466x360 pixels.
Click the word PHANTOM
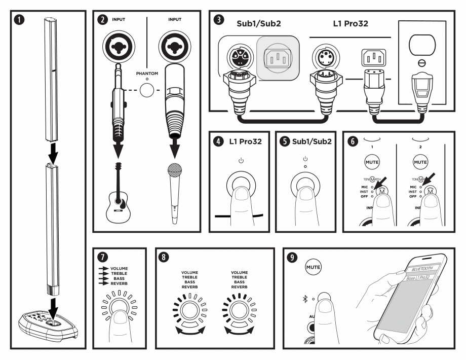coord(147,73)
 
